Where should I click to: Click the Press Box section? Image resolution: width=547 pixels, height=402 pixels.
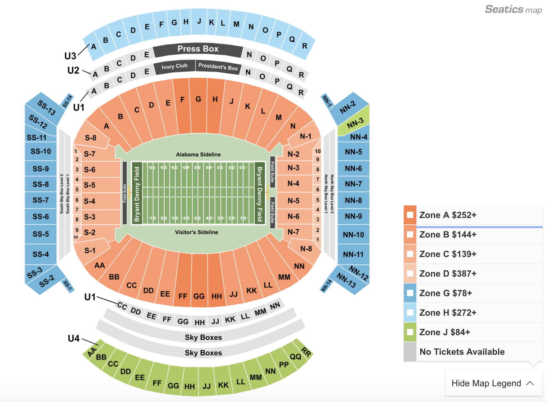pyautogui.click(x=198, y=49)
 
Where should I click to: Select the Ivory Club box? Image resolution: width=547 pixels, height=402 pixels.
pyautogui.click(x=174, y=66)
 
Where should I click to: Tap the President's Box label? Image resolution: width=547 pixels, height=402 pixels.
pyautogui.click(x=218, y=67)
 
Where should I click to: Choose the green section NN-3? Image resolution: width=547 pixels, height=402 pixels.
pyautogui.click(x=355, y=123)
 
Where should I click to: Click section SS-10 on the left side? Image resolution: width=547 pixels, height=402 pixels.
pyautogui.click(x=41, y=152)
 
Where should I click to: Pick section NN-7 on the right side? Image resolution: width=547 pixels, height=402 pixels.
pyautogui.click(x=353, y=184)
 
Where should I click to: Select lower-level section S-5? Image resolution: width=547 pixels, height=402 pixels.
pyautogui.click(x=90, y=185)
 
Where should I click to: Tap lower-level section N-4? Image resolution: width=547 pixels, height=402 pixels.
pyautogui.click(x=293, y=183)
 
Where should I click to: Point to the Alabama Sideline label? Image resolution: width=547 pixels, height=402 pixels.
pyautogui.click(x=198, y=154)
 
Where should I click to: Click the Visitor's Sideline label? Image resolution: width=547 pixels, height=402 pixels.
pyautogui.click(x=197, y=232)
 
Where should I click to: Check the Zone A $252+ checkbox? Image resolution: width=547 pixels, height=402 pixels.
pyautogui.click(x=410, y=215)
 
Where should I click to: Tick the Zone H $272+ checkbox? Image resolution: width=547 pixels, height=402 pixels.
pyautogui.click(x=410, y=313)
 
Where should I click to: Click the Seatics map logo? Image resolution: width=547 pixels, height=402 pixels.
pyautogui.click(x=513, y=9)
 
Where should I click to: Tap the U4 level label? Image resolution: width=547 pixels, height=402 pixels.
pyautogui.click(x=74, y=338)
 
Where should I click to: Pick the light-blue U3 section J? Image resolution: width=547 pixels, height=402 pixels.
pyautogui.click(x=199, y=22)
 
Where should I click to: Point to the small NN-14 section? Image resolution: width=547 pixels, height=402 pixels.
pyautogui.click(x=326, y=285)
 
